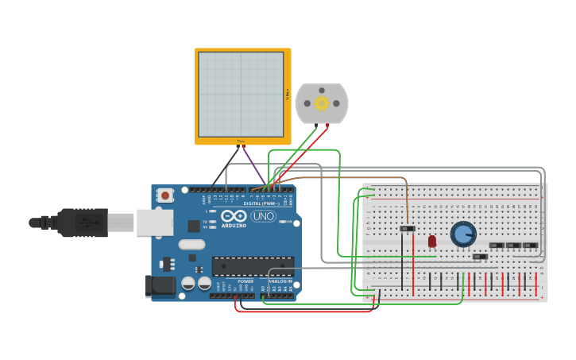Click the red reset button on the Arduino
tap(165, 195)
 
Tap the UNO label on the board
tap(263, 216)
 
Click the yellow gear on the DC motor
tap(322, 103)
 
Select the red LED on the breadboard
tap(432, 241)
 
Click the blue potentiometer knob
tap(463, 234)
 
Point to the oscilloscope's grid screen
tap(241, 95)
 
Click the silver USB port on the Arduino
tap(154, 223)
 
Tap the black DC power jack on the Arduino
tap(160, 286)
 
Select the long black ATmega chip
tap(253, 266)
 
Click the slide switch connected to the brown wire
tap(407, 229)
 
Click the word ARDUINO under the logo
tap(234, 225)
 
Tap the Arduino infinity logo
tap(234, 215)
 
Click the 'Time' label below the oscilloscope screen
tap(241, 141)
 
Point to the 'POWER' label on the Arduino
tap(245, 281)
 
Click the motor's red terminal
tap(327, 126)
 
